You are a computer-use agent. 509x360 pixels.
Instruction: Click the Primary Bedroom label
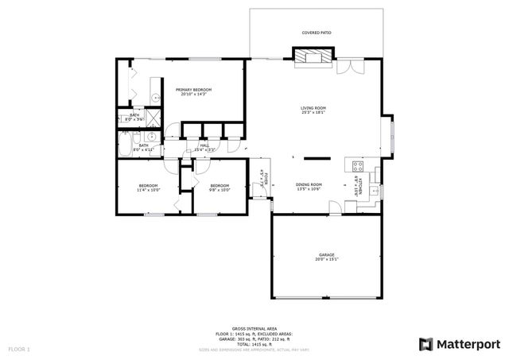coord(193,90)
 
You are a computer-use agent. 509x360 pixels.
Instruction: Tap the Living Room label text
coord(313,108)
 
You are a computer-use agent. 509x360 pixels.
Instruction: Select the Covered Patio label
coord(317,33)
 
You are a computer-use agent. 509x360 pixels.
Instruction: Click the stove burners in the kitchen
coord(358,167)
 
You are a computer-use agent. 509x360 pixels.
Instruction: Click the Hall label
coord(204,145)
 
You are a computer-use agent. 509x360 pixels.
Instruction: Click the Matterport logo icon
coord(426,343)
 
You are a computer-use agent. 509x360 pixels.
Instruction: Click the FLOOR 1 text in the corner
coord(19,349)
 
